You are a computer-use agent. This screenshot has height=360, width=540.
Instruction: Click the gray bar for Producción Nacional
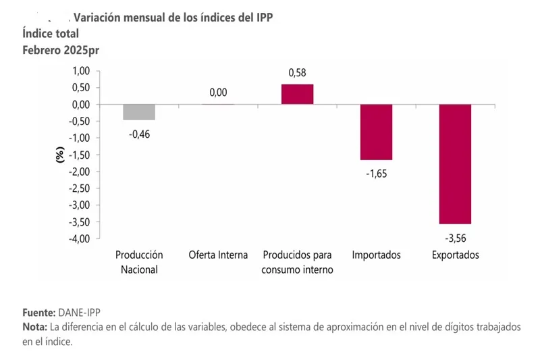pos(139,112)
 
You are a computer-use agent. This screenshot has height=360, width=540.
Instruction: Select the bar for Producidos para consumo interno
pos(297,95)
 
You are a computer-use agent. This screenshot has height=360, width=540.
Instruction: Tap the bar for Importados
pos(376,132)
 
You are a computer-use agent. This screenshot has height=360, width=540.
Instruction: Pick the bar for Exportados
pos(455,164)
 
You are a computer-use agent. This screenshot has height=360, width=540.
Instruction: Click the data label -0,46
pos(138,134)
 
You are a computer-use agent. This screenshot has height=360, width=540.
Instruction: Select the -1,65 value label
pos(377,174)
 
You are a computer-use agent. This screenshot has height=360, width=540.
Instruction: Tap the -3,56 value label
pos(455,238)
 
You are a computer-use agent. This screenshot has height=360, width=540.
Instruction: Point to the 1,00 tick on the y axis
pos(80,72)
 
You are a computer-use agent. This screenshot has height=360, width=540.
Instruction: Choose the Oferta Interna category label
pos(218,255)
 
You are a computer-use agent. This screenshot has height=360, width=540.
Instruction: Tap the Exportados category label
pos(456,255)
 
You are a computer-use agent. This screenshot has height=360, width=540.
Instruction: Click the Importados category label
pos(377,255)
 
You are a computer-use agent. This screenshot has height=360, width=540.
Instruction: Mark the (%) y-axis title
pos(59,155)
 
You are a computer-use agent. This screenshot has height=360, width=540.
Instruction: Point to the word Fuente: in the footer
pos(38,313)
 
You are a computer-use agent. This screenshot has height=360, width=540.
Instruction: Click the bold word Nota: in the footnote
pos(34,327)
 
